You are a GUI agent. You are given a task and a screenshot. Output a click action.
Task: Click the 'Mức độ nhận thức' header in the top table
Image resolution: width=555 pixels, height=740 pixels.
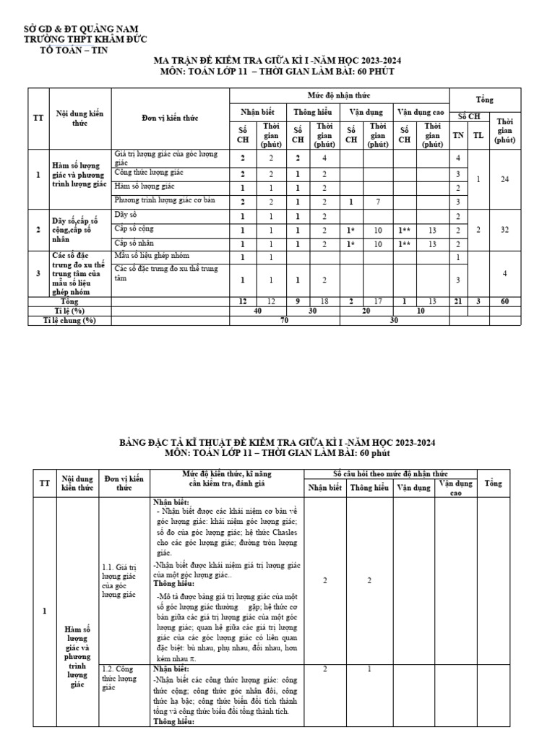(x=339, y=95)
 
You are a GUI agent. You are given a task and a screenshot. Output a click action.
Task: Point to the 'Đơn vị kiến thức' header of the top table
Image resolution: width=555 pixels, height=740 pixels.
(x=170, y=118)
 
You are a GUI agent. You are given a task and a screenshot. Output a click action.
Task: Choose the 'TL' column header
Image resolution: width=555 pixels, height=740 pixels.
(x=478, y=134)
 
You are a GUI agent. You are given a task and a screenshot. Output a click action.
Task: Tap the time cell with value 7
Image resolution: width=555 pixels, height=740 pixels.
(x=377, y=201)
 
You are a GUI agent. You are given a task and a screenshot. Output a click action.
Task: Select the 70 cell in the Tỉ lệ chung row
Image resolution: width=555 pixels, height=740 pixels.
(x=284, y=320)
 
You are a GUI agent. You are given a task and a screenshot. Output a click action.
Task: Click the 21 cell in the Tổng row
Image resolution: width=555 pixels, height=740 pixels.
(x=458, y=300)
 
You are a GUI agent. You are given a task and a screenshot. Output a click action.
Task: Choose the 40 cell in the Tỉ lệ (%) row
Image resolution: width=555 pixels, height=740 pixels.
(x=258, y=310)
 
